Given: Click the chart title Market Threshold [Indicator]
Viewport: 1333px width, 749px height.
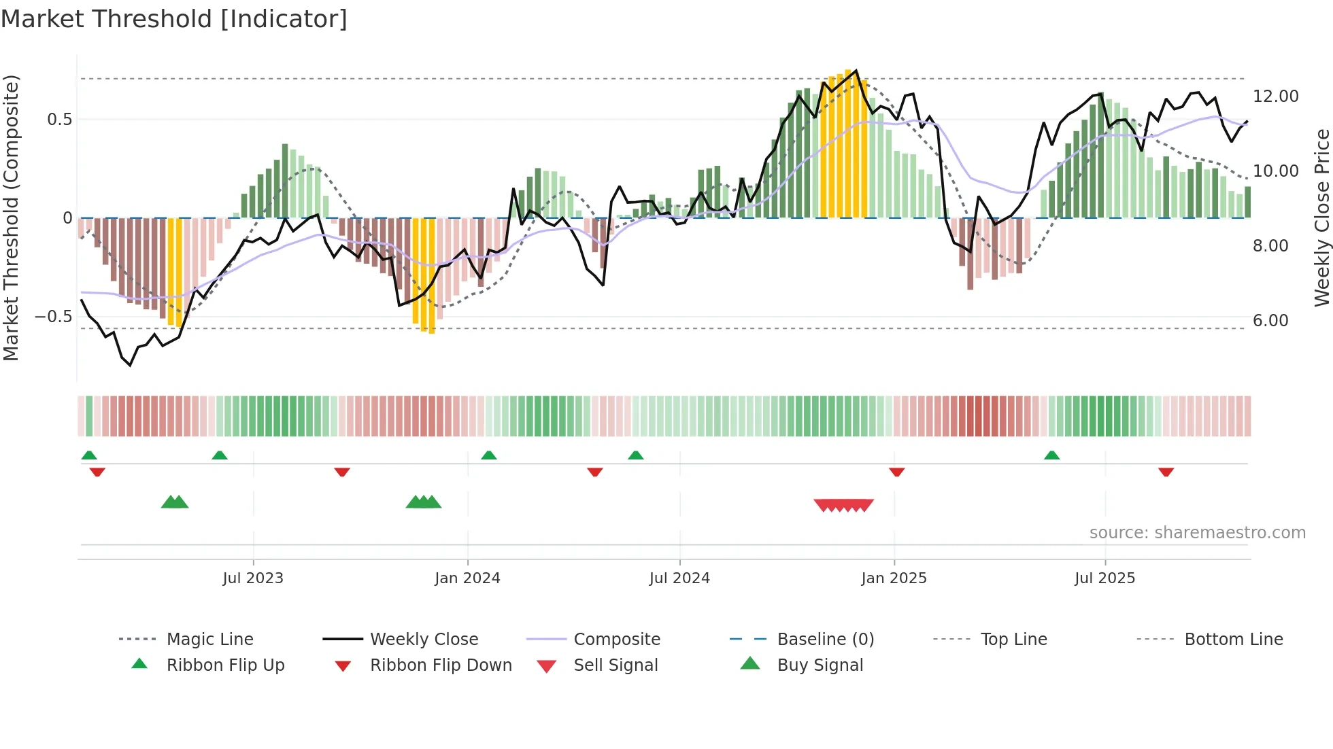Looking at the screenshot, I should tap(174, 19).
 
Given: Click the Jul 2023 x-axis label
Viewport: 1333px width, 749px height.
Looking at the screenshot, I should tap(253, 578).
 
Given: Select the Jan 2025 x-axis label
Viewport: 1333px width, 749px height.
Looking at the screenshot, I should tap(894, 578).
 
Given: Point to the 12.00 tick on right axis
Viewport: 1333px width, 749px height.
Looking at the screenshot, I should tap(1275, 97).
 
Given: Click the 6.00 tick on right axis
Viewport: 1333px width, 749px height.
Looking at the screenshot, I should tap(1270, 321).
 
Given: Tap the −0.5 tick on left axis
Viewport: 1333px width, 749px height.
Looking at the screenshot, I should tap(53, 317).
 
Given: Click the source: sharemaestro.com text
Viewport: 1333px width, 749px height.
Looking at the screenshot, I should tap(1197, 533).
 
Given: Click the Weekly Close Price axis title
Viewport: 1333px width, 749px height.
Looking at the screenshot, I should tap(1321, 217).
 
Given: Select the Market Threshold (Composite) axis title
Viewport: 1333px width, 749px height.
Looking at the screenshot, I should tap(11, 217).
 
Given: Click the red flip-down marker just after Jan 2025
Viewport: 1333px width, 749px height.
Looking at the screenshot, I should tap(896, 472).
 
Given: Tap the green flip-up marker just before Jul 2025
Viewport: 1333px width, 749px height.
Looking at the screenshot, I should tap(1051, 455).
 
